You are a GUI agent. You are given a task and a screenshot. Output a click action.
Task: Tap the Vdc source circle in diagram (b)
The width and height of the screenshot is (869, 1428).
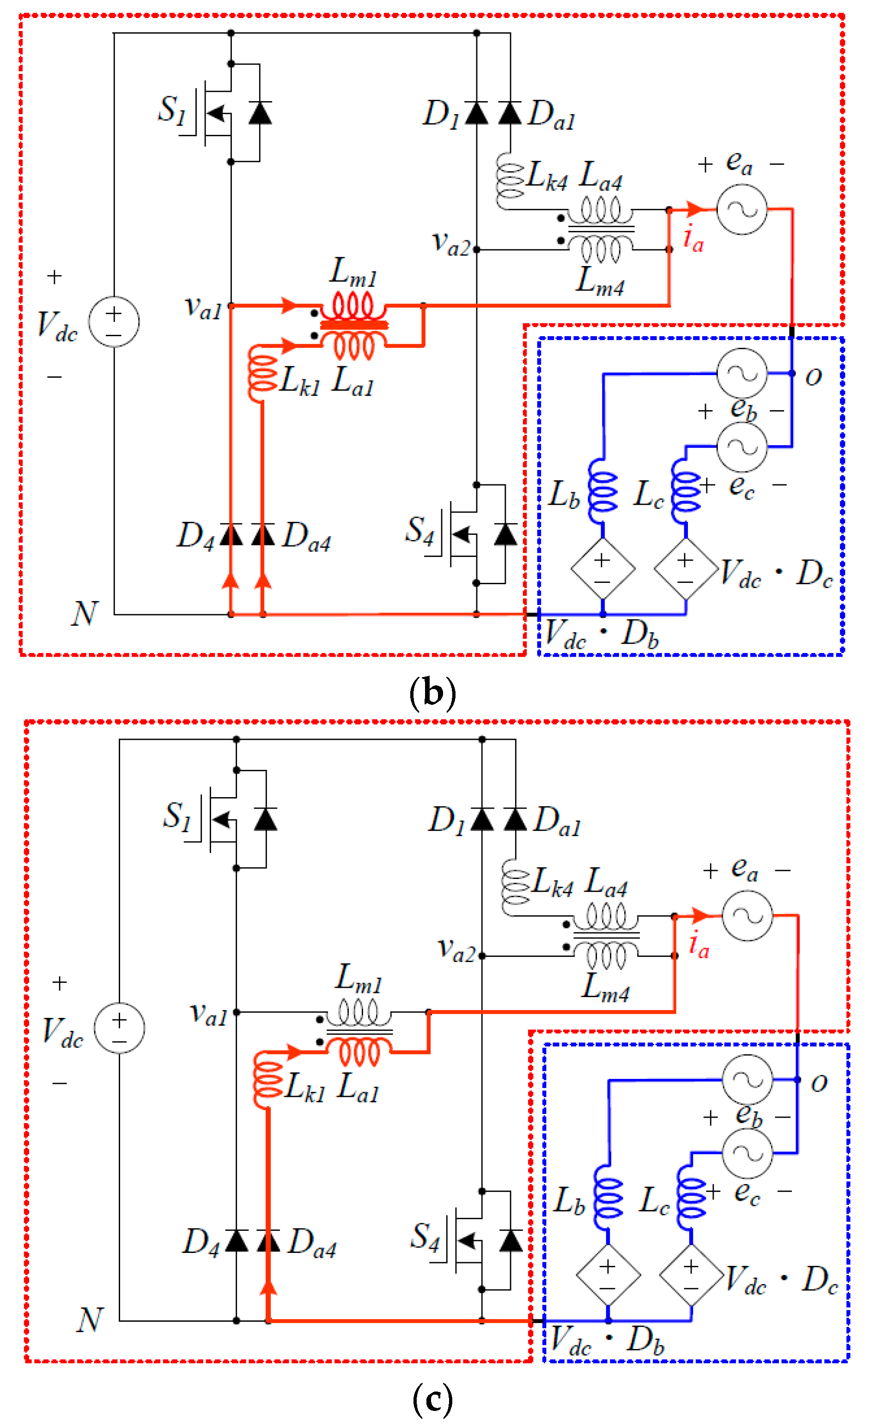114,321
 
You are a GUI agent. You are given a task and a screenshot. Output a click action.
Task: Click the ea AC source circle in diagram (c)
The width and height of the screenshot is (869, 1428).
747,916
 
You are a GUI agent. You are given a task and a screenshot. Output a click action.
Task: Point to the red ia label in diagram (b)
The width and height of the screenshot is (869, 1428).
693,239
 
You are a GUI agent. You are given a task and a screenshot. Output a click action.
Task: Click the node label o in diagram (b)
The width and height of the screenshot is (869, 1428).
814,377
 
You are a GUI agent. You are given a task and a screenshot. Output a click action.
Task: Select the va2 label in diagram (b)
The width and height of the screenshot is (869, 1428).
451,243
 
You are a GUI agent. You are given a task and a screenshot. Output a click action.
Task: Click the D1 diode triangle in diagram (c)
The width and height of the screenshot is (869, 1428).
482,819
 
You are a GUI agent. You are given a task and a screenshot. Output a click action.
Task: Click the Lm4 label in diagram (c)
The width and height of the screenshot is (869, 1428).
605,987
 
